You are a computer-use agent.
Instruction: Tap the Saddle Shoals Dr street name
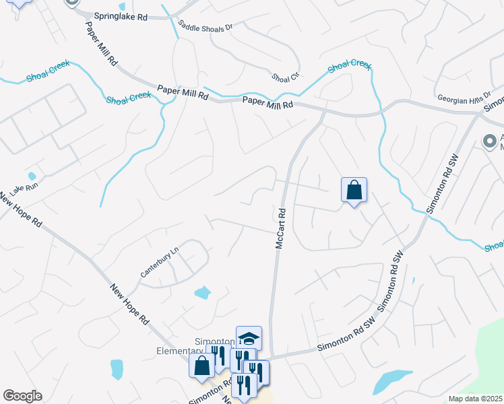coord(205,27)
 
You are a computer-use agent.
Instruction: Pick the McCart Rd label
coord(282,229)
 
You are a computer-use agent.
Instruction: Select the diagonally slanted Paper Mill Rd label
coord(101,43)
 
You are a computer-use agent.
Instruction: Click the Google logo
coord(22,396)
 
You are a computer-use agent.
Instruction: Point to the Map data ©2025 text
coord(476,399)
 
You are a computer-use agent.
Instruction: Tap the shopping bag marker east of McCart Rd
coord(354,191)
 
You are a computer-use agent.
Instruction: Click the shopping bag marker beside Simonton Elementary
coord(201,367)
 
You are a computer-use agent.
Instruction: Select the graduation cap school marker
coord(249,338)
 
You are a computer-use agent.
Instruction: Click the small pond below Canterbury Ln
coord(202,292)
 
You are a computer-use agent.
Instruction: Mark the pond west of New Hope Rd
coord(117,368)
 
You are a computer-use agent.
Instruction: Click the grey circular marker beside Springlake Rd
coord(73,3)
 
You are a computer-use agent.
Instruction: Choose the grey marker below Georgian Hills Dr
coord(490,141)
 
